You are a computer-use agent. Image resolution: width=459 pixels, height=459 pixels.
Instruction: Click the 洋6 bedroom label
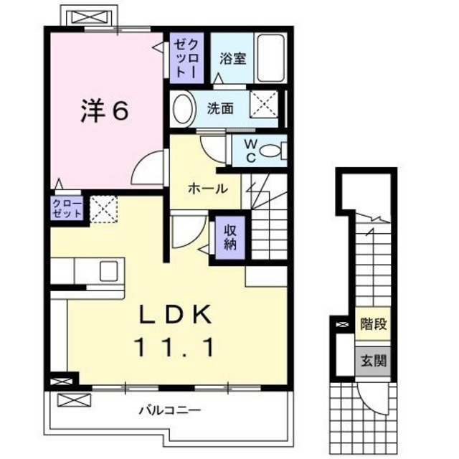pos(104,111)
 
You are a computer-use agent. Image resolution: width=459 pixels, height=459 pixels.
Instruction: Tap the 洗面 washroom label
pos(220,109)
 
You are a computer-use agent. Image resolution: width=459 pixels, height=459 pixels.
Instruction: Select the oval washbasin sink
pos(184,109)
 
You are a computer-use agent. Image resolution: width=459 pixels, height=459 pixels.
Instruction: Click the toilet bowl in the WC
pos(270,151)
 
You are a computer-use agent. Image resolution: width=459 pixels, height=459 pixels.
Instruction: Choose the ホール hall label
pos(208,189)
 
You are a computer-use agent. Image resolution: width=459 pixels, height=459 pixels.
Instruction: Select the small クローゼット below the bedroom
pos(67,209)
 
